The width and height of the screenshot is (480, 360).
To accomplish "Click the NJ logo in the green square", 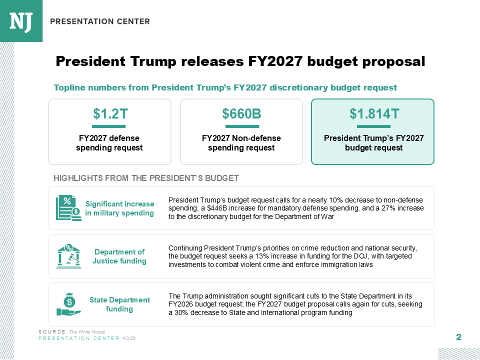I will [21, 21].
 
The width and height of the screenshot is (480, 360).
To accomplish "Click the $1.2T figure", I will [109, 114].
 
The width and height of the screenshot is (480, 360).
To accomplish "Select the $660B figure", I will [241, 114].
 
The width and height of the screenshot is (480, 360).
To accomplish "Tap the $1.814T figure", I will [373, 114].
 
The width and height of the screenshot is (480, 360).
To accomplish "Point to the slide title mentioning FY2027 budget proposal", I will [240, 61].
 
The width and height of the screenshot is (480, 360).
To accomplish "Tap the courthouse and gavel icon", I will [68, 256].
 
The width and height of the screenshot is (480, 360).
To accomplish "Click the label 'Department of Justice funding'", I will [119, 256].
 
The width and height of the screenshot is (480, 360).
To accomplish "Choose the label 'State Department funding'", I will [119, 304].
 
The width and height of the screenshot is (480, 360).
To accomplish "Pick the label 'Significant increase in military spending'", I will [119, 208].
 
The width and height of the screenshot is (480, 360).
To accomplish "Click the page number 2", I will [458, 337].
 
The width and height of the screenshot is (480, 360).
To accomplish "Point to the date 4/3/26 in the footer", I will [129, 338].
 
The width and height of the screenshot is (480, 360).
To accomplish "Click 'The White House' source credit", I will [87, 332].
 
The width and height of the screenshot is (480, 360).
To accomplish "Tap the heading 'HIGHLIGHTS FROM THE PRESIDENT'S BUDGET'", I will [146, 178].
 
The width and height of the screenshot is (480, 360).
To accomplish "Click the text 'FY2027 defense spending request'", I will [109, 143].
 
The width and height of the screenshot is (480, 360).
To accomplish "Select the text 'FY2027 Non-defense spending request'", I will [241, 143].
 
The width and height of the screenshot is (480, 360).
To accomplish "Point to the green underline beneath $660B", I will [241, 126].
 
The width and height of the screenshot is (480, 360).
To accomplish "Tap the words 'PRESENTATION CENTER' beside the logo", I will [100, 21].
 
